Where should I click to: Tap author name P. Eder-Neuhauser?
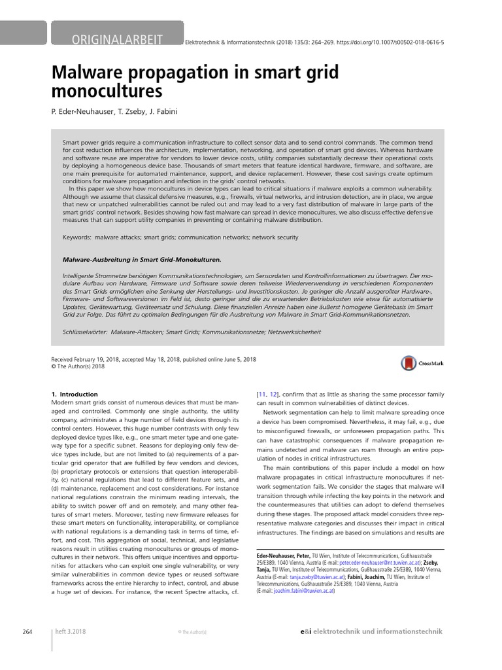pos(81,111)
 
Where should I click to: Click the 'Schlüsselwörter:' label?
pos(85,332)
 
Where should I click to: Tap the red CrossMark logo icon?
pos(409,363)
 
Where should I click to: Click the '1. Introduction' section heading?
pos(74,394)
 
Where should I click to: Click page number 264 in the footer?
pos(27,631)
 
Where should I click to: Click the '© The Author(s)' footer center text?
pos(192,632)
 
